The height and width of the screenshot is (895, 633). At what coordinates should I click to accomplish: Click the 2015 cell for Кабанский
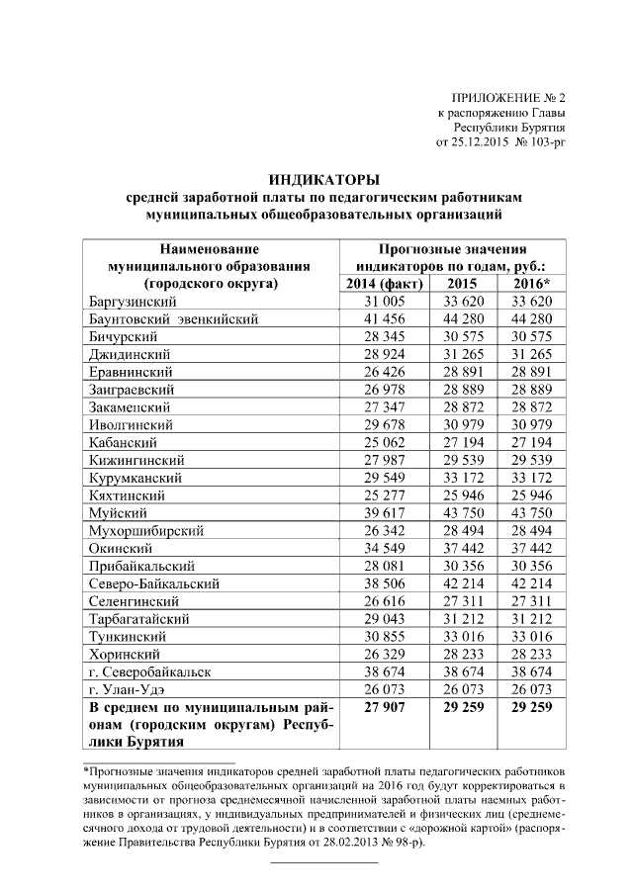[x=462, y=442]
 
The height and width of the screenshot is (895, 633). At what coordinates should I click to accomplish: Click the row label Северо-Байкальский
[x=153, y=583]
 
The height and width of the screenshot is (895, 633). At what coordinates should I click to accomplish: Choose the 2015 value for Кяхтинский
[x=462, y=495]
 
